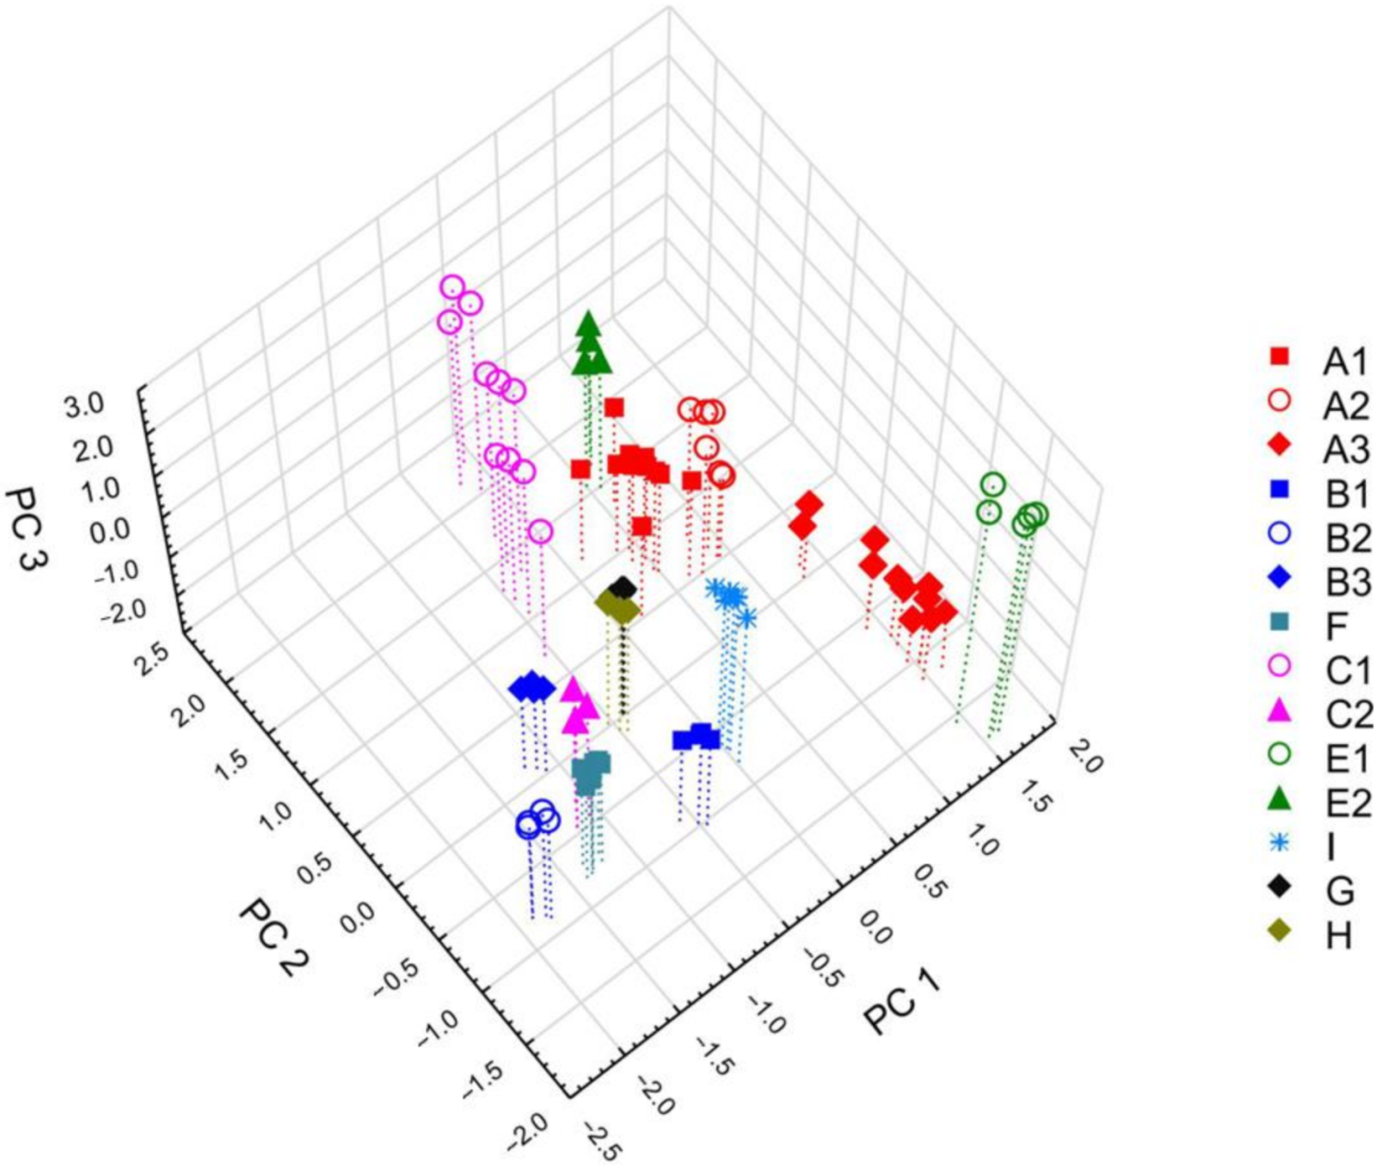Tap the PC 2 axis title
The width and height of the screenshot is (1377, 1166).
coord(273,937)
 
